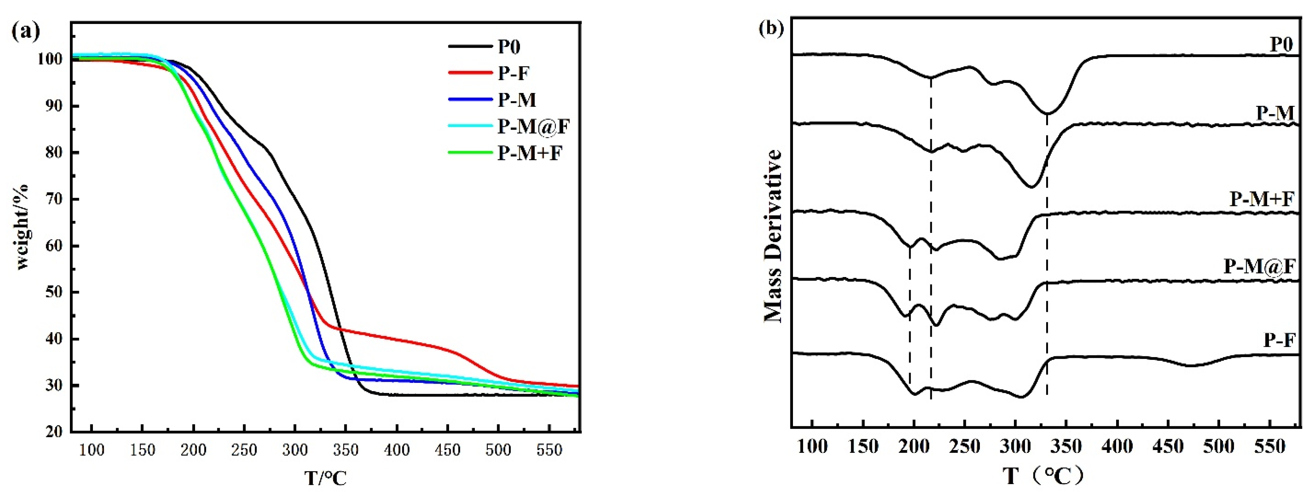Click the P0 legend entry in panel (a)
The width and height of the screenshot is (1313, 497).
click(508, 47)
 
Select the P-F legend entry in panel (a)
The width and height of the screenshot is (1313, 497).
click(514, 74)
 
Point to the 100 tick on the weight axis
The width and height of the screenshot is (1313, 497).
click(49, 59)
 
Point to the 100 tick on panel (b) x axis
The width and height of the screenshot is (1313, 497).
click(812, 447)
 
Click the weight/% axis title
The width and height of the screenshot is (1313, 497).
click(23, 227)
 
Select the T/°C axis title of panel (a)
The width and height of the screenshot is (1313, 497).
click(326, 478)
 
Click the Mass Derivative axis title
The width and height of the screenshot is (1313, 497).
click(773, 235)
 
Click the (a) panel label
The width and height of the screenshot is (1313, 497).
click(25, 32)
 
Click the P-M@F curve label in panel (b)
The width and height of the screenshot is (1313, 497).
click(1259, 266)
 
